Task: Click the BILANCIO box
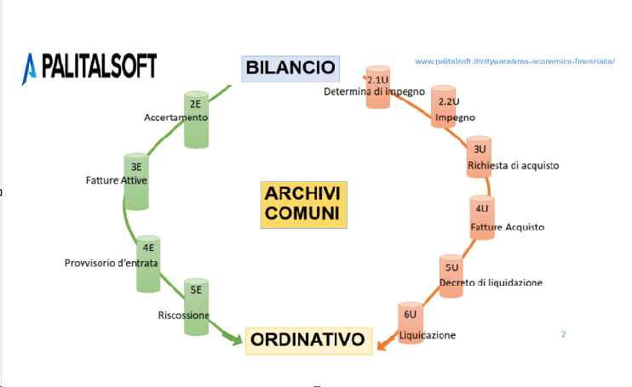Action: point(290,67)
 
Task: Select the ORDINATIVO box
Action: point(308,341)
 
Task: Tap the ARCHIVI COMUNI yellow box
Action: point(303,204)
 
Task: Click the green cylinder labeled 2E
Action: point(196,118)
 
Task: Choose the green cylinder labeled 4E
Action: point(149,263)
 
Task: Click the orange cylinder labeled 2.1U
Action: point(377,85)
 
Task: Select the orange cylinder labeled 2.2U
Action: point(443,106)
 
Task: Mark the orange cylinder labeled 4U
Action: point(482,216)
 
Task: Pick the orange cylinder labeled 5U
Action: point(451,275)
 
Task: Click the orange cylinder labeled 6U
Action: point(410,324)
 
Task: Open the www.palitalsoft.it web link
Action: point(514,62)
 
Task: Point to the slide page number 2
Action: point(563,334)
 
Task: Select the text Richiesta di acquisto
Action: point(514,165)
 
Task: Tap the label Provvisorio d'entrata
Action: point(111,263)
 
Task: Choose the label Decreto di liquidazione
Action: point(491,282)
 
